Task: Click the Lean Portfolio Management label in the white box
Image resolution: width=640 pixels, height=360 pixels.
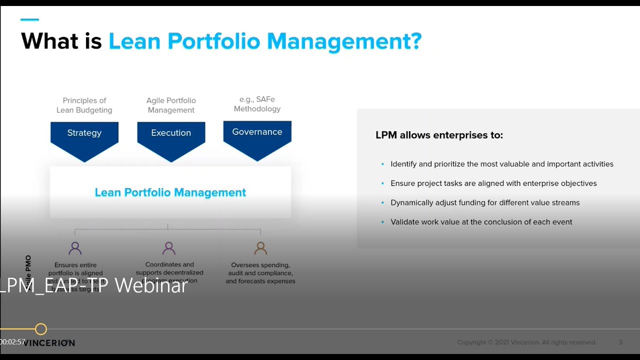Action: tap(170, 192)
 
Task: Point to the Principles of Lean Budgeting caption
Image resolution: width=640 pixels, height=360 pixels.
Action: tap(84, 105)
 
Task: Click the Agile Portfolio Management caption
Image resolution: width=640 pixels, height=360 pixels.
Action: tap(171, 105)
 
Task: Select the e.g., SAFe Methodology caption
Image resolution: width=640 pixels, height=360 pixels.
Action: tap(257, 104)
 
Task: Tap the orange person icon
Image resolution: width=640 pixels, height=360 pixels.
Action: tap(260, 248)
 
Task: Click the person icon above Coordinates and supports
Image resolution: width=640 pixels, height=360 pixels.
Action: tap(169, 248)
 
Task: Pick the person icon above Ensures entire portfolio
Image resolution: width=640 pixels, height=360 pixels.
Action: tap(75, 248)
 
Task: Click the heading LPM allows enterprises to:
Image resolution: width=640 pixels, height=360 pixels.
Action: tap(439, 135)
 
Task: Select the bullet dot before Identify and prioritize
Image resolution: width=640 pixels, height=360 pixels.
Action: tap(382, 164)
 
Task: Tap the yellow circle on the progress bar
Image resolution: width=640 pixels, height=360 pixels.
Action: tap(41, 329)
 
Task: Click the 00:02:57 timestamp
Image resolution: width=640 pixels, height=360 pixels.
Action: tap(12, 342)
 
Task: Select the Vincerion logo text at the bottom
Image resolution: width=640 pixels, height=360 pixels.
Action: tap(50, 343)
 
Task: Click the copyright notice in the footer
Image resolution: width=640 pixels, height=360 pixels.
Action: tap(526, 342)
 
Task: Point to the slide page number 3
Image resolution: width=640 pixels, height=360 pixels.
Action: tap(620, 342)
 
